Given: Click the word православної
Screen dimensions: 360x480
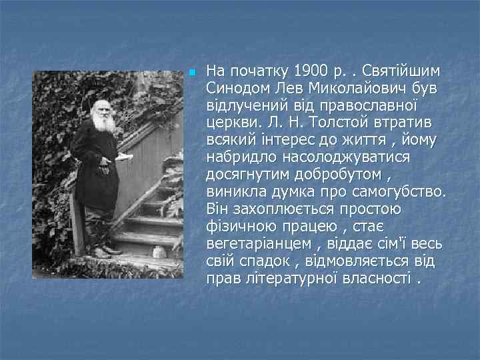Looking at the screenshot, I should pyautogui.click(x=353, y=105).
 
